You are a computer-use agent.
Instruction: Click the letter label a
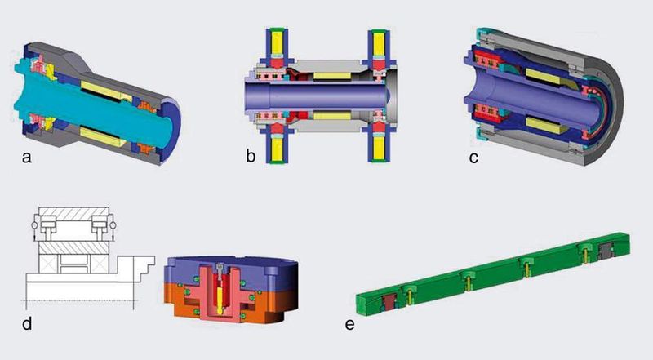tap(27, 158)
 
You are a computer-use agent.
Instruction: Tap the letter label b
tap(251, 156)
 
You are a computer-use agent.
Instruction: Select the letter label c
tap(473, 158)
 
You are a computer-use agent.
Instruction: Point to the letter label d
tap(27, 323)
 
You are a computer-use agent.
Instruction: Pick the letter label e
tap(350, 325)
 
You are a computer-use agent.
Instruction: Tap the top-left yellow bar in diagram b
tap(277, 43)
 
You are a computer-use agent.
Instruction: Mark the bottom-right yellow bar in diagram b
tap(379, 149)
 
